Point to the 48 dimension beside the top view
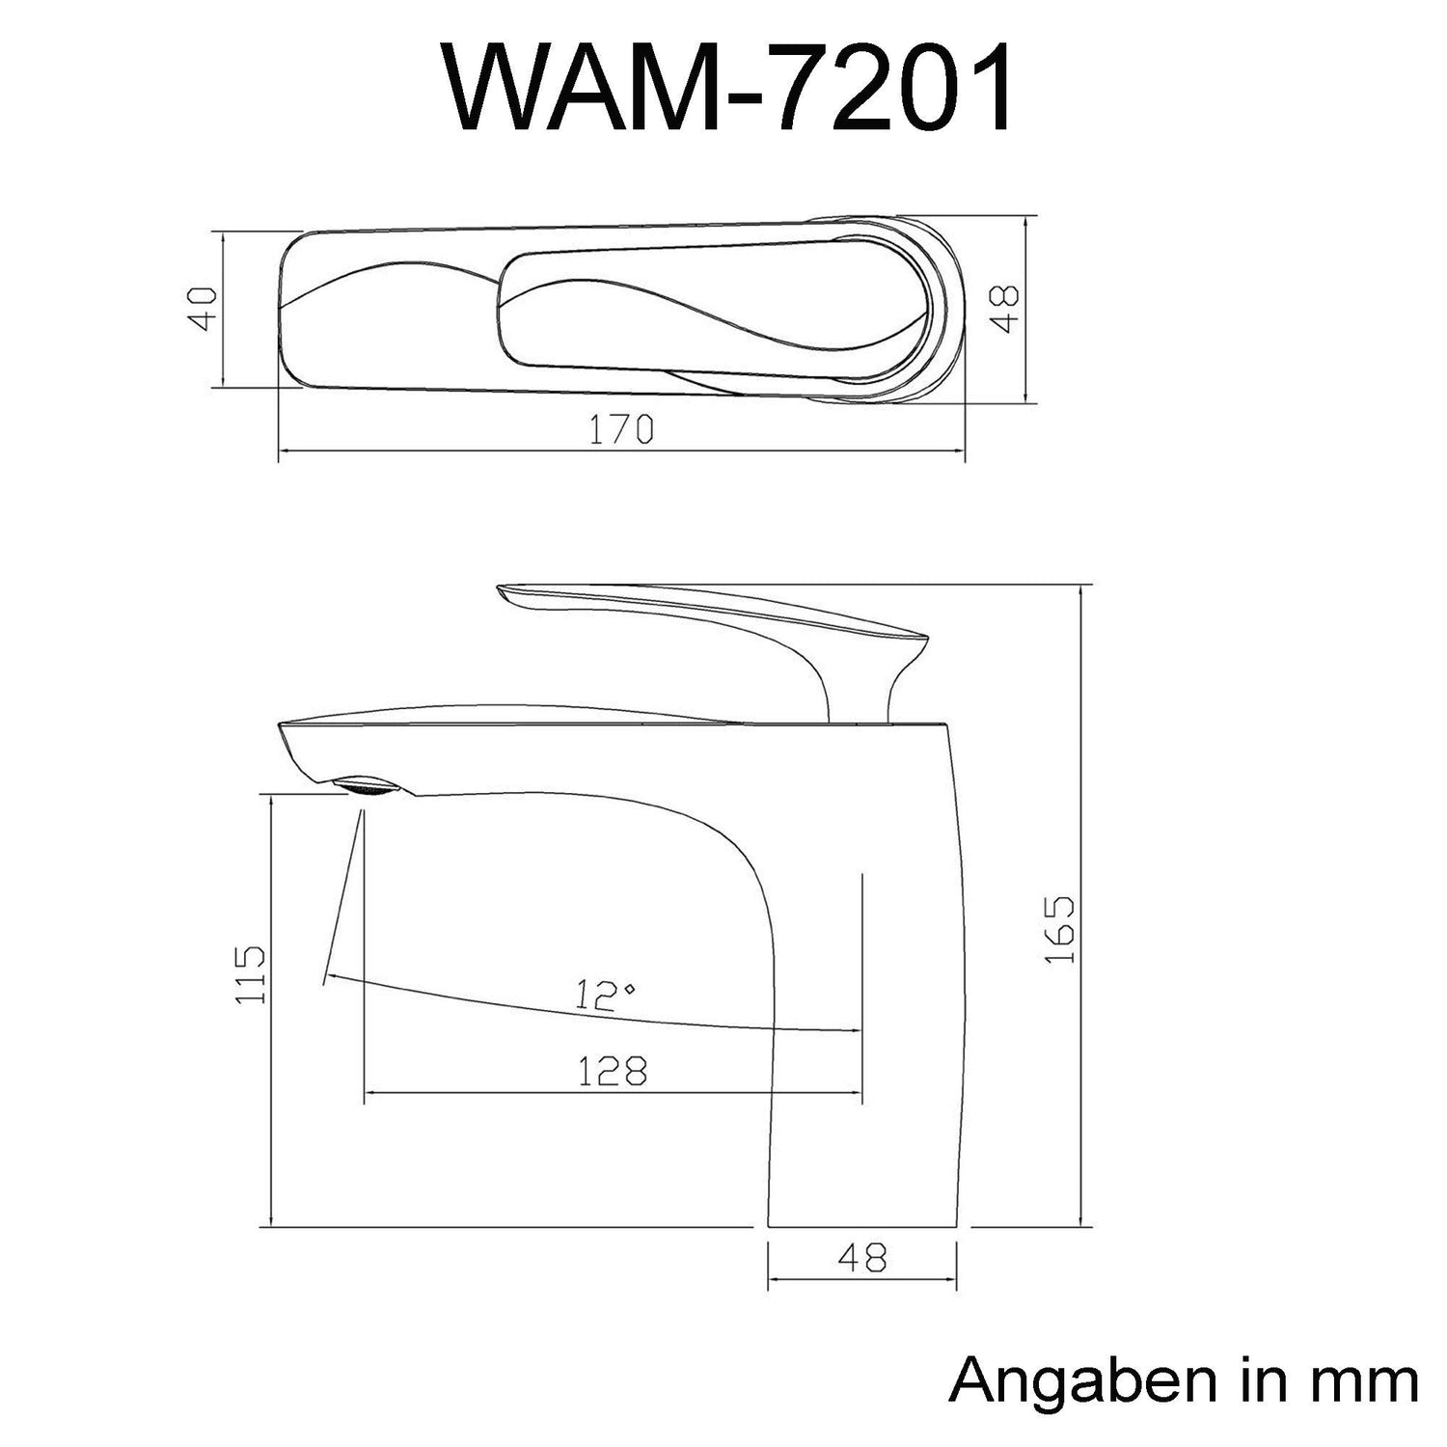click(1006, 308)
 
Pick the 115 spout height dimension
click(250, 974)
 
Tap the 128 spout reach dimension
click(612, 1070)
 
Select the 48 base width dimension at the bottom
click(862, 1257)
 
